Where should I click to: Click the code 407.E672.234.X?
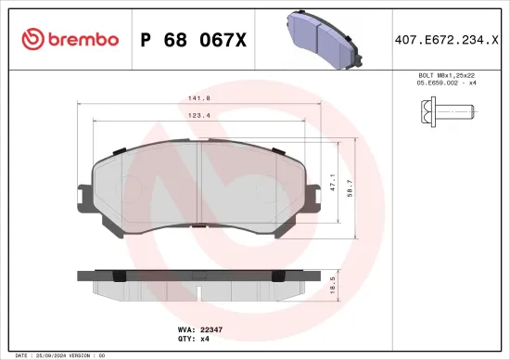click(x=445, y=39)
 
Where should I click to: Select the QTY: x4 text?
click(x=204, y=340)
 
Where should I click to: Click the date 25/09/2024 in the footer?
click(x=55, y=355)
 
